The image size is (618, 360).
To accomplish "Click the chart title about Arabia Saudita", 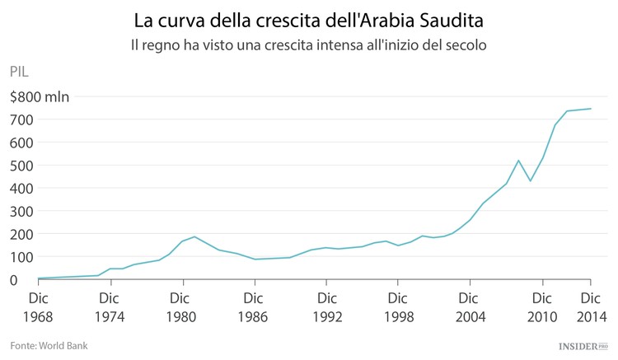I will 308,19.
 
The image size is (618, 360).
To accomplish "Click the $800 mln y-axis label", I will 40,96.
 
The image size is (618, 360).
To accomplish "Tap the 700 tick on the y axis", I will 21,119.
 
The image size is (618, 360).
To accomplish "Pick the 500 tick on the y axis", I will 21,166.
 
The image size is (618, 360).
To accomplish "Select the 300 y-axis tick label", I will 21,211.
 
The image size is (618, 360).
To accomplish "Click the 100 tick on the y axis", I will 21,257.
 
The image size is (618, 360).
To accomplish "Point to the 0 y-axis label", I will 14,280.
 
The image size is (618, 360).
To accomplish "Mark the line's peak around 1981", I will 194,236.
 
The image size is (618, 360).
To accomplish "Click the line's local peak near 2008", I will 518,161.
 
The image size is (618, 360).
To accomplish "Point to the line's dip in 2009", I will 531,181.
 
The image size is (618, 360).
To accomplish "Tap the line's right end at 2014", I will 591,109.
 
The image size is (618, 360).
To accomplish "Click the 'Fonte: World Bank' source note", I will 49,345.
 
